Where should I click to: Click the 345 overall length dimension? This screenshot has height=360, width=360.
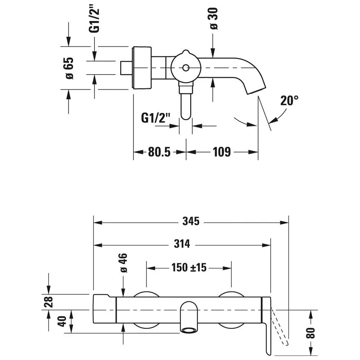pos(191,221)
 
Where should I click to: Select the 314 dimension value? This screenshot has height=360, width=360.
pos(182,244)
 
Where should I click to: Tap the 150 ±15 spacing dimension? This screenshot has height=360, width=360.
pos(189,268)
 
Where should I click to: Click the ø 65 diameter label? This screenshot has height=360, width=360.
pos(70,68)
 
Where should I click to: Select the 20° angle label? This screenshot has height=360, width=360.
pos(289,100)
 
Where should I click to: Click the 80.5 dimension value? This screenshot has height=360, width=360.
pos(159,152)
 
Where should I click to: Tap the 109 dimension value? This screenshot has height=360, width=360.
pos(222,152)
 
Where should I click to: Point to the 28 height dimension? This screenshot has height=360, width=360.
pos(49,302)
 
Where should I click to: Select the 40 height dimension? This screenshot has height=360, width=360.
pos(62,321)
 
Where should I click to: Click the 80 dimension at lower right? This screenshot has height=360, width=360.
pos(310,333)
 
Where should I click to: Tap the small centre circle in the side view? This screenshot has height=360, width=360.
pos(185,68)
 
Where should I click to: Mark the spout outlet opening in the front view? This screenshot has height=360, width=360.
pos(189,330)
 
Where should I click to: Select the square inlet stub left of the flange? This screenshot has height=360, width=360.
pos(126,68)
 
